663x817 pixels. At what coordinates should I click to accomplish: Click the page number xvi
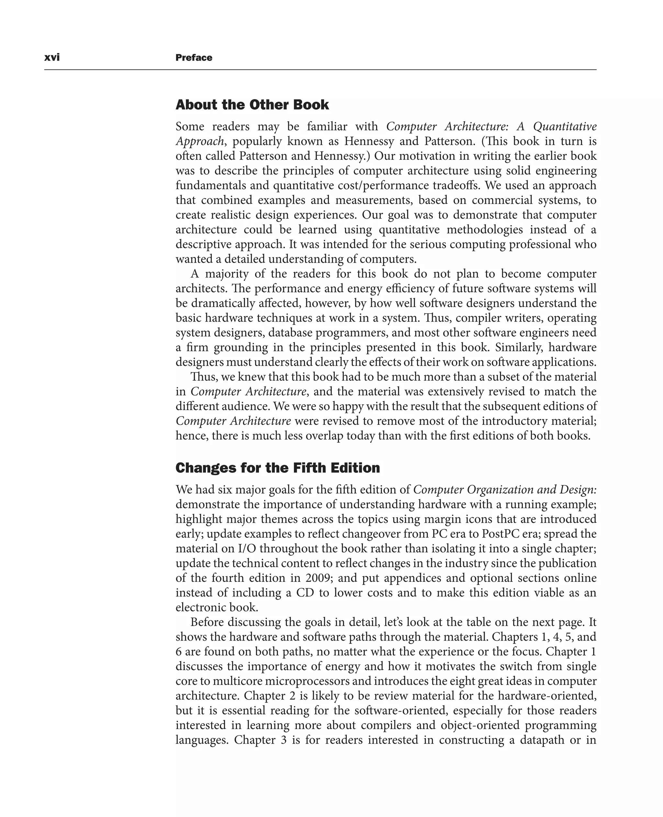[52, 58]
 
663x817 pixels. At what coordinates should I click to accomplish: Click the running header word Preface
[194, 58]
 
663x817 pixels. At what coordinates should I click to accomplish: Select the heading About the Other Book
[252, 104]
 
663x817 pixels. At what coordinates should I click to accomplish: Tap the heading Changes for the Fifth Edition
[278, 468]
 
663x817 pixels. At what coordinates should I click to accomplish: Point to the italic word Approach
[200, 141]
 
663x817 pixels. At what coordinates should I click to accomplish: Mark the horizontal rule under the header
[320, 70]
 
